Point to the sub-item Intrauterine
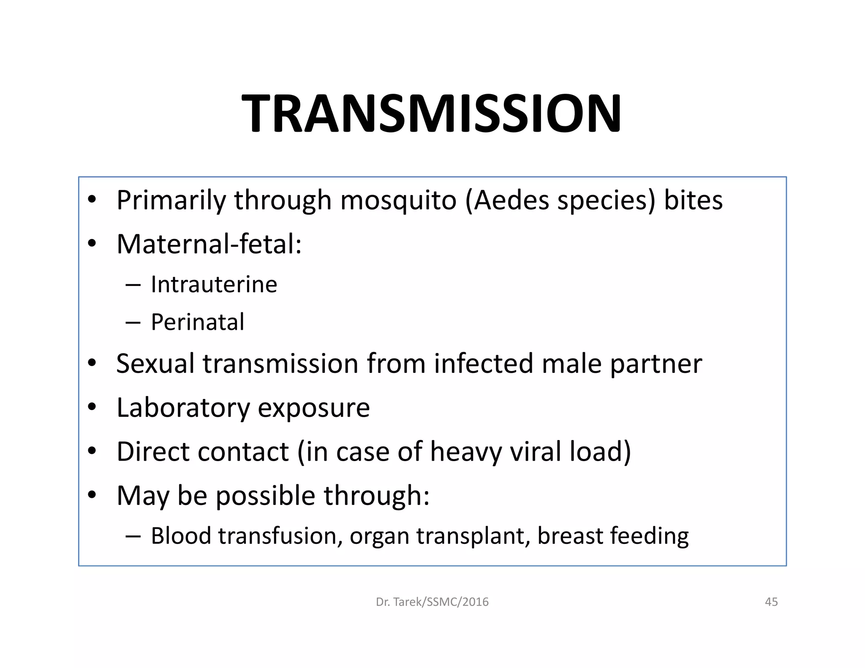214,284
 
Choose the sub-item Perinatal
198,322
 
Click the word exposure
313,409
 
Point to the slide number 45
771,602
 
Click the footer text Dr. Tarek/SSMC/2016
432,602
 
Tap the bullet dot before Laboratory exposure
92,407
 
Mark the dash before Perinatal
133,323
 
